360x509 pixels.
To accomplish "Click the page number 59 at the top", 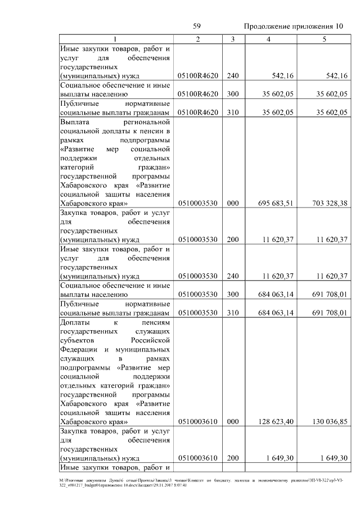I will (197, 26).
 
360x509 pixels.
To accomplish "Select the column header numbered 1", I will (116, 39).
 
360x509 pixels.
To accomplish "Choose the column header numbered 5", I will (324, 39).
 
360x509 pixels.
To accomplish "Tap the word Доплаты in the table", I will (75, 322).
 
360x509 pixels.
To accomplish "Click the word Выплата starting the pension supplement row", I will (75, 121).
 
